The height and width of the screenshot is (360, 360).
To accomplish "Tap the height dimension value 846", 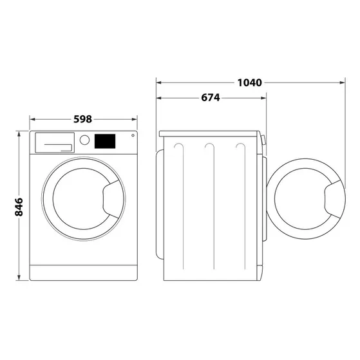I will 19,206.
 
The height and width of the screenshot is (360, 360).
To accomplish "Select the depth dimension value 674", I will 210,98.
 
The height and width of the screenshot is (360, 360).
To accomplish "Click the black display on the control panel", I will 105,140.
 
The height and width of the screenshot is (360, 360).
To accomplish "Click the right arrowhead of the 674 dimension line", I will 263,98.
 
